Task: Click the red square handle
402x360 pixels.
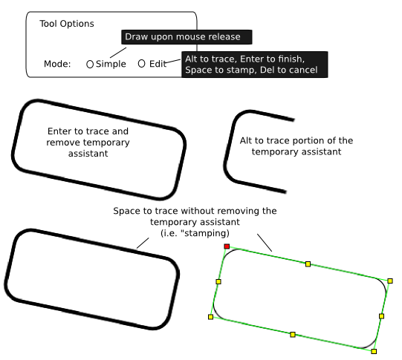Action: click(x=227, y=246)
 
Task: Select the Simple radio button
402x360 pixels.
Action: click(x=89, y=65)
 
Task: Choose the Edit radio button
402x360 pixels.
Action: click(x=141, y=64)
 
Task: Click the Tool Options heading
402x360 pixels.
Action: click(x=67, y=24)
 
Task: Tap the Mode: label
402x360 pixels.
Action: click(x=57, y=64)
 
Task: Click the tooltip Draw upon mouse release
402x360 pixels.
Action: click(x=187, y=37)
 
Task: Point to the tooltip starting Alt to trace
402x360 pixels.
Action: click(x=255, y=65)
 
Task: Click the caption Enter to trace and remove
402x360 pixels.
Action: click(x=88, y=143)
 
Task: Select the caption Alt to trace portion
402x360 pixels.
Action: click(x=296, y=146)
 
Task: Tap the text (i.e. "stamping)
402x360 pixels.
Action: click(x=195, y=233)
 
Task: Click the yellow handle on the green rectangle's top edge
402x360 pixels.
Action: click(x=308, y=264)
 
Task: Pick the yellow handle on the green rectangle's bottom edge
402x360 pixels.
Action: click(x=293, y=335)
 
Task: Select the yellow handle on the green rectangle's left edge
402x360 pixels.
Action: click(x=218, y=281)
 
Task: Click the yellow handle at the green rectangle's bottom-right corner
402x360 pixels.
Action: click(x=374, y=351)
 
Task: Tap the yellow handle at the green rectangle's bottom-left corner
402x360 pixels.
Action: click(x=210, y=317)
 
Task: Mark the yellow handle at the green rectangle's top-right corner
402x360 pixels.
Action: click(x=390, y=281)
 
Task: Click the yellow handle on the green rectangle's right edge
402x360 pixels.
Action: click(x=381, y=316)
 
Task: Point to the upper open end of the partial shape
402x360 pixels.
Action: click(x=294, y=120)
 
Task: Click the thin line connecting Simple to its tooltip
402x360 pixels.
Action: click(x=118, y=53)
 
